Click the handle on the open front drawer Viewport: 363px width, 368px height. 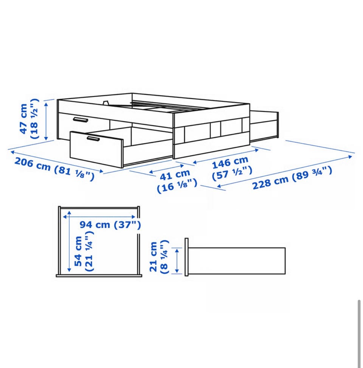(93, 139)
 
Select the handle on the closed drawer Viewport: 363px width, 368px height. (80, 120)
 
